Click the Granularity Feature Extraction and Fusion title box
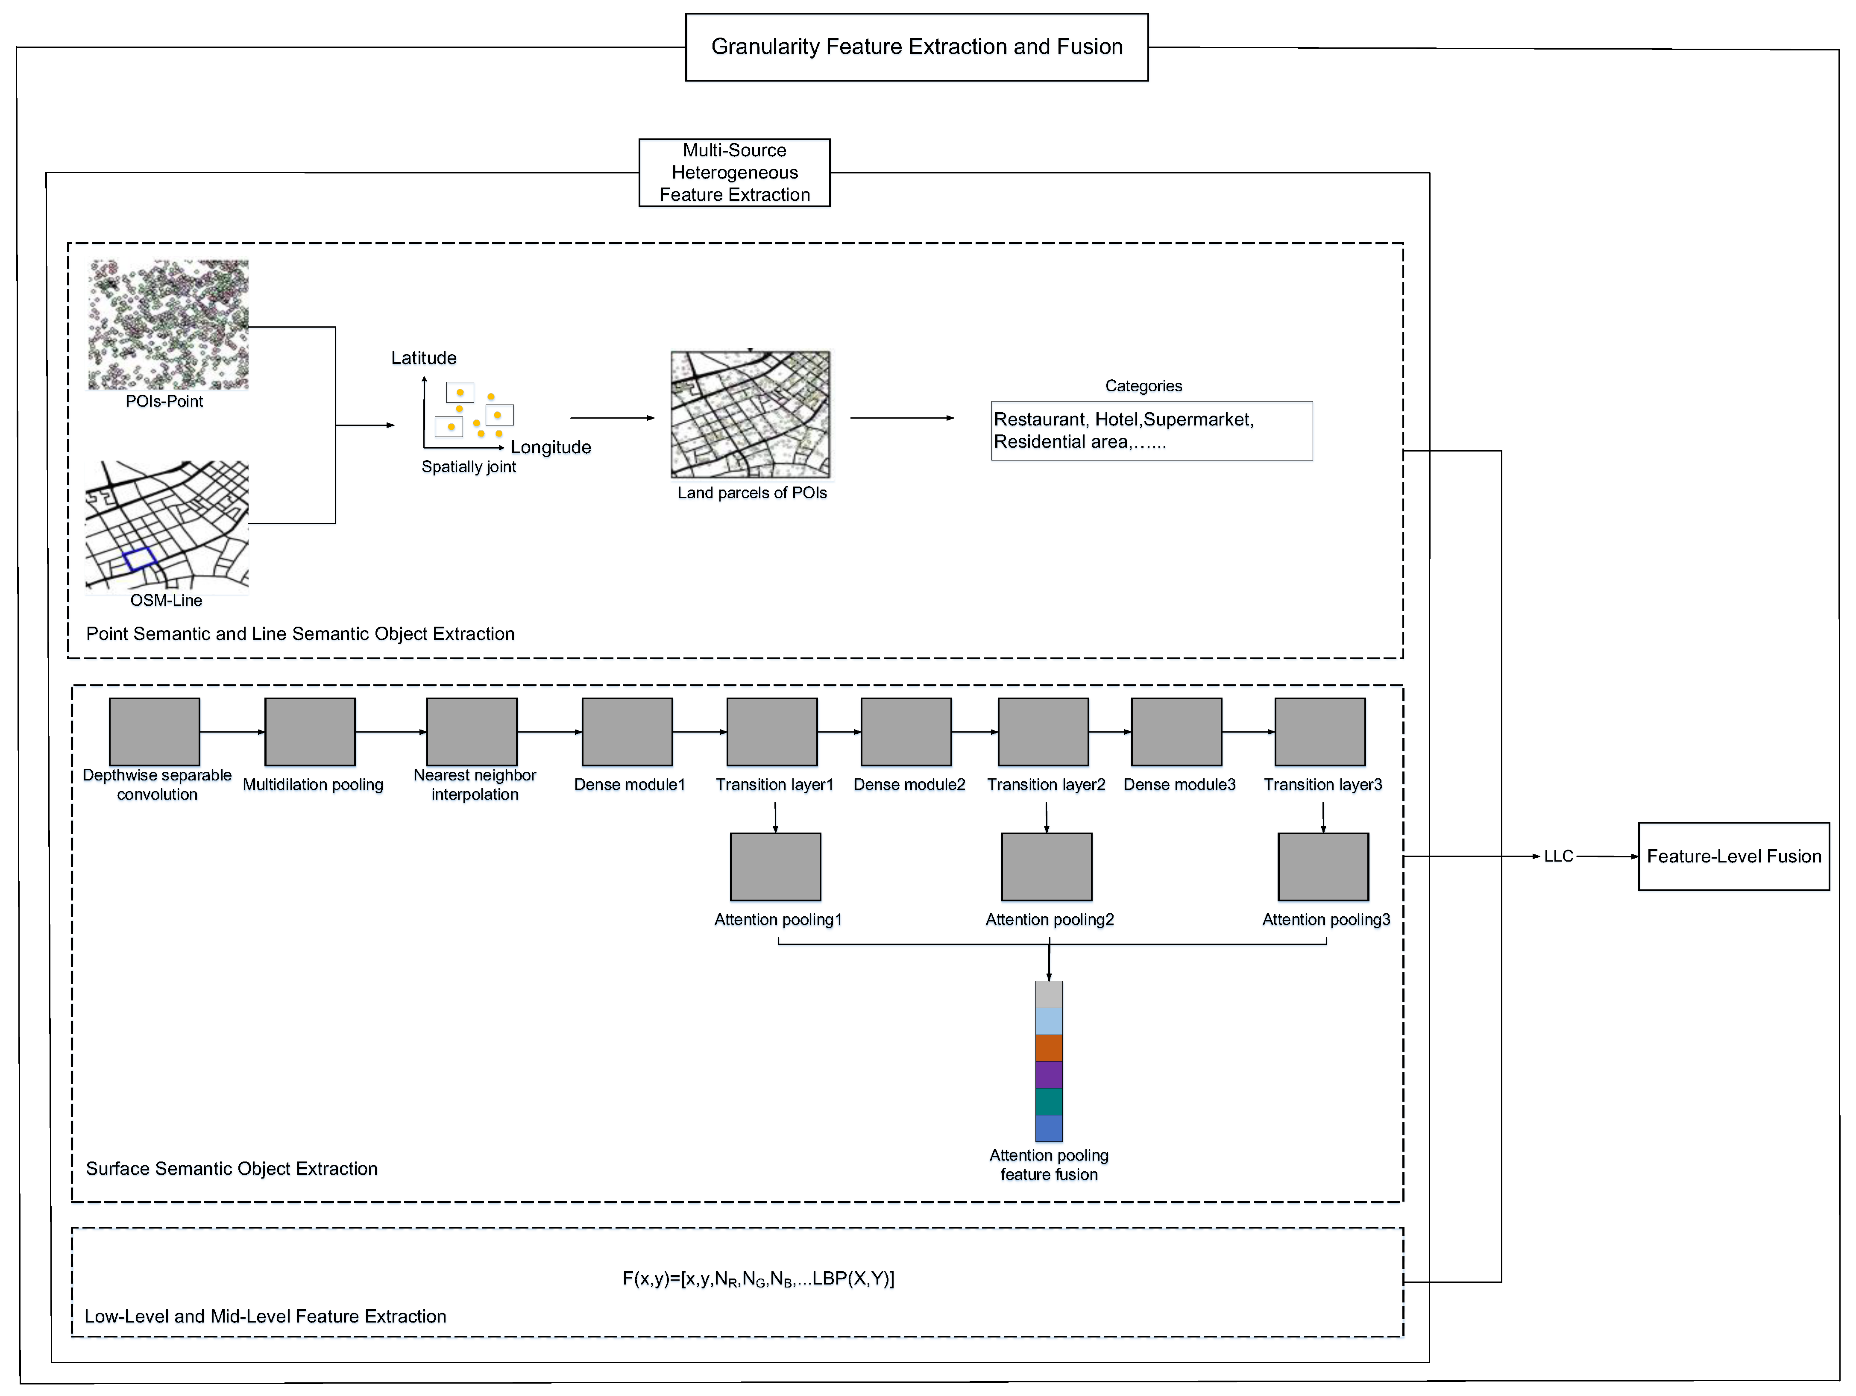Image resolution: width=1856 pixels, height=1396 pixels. click(916, 47)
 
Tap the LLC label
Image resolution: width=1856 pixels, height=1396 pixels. click(1558, 856)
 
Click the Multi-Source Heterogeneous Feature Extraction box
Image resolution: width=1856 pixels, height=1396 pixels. click(734, 173)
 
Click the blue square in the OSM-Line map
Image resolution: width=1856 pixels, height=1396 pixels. click(139, 559)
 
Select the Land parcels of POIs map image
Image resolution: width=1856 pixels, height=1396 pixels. click(750, 414)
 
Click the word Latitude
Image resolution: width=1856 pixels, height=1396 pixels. click(424, 358)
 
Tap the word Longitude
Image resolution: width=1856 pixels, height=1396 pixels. click(551, 447)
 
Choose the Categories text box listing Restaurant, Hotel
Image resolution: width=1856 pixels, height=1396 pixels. click(1151, 431)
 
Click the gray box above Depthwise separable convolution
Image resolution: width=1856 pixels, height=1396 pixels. click(154, 732)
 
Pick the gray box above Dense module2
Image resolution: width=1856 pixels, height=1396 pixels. click(906, 732)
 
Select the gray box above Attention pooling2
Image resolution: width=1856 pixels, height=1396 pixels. click(1046, 867)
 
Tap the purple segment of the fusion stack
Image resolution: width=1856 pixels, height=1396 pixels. click(1049, 1075)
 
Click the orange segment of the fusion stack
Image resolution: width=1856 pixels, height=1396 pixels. click(1049, 1048)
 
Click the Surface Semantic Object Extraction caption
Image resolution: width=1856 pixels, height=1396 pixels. click(232, 1169)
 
